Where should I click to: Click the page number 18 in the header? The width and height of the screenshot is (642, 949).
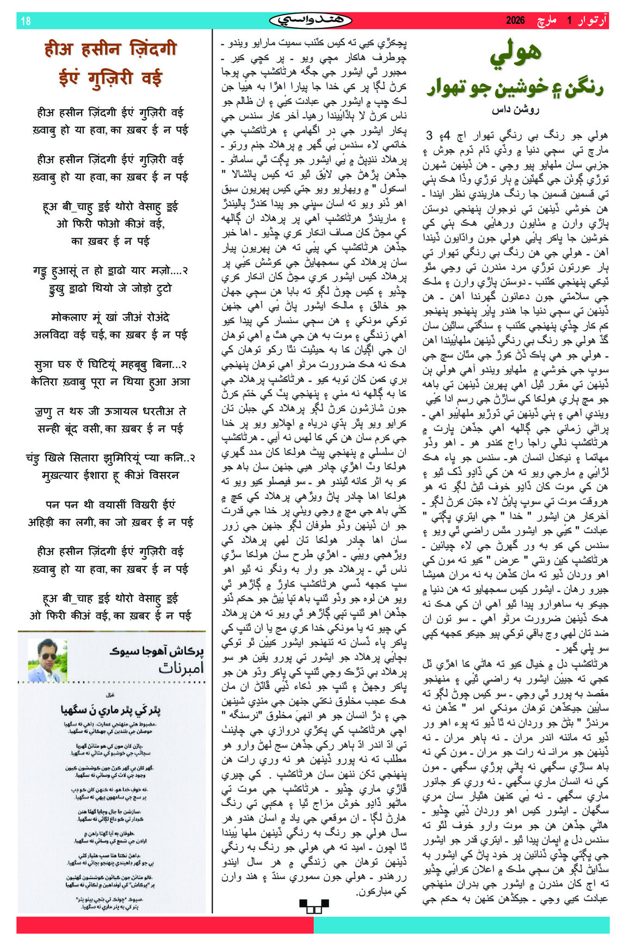click(x=26, y=21)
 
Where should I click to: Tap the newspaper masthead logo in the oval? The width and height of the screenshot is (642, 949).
click(x=311, y=21)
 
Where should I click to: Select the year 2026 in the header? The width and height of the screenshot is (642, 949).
click(x=515, y=21)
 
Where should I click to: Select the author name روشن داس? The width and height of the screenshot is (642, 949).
click(x=515, y=110)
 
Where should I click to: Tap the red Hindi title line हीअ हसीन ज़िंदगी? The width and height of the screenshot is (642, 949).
click(x=110, y=50)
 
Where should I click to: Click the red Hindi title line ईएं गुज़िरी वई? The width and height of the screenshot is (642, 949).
click(x=110, y=78)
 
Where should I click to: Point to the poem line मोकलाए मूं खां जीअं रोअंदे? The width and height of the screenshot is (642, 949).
click(x=110, y=317)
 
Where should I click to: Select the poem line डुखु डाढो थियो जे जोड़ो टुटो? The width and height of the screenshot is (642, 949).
click(x=110, y=288)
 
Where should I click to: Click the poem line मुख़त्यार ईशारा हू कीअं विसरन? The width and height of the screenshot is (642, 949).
click(x=110, y=475)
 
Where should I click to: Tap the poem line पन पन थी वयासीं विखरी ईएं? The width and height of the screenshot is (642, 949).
click(x=110, y=504)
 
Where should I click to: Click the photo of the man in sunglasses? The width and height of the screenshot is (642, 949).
click(x=47, y=660)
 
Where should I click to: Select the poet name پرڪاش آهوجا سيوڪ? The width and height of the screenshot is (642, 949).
click(x=157, y=651)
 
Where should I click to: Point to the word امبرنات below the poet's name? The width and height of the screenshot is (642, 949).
click(x=181, y=668)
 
